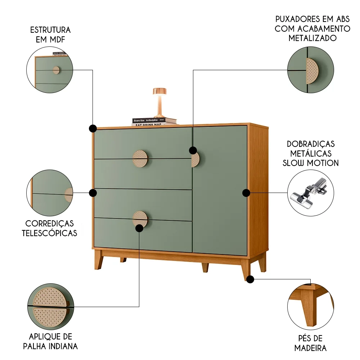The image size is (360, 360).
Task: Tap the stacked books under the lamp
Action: (x=154, y=122)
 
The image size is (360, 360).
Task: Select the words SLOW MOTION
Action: (x=311, y=163)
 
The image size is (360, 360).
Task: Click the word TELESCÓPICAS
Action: (x=50, y=233)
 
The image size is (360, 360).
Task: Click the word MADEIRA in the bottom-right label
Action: (x=310, y=348)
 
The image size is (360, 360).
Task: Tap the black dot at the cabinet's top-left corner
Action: (x=93, y=128)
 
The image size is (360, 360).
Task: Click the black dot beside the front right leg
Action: (x=251, y=279)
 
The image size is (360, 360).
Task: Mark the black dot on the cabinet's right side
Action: (x=246, y=193)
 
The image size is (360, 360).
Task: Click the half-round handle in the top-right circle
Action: (x=311, y=71)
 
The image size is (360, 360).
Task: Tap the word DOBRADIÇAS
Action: (x=311, y=144)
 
